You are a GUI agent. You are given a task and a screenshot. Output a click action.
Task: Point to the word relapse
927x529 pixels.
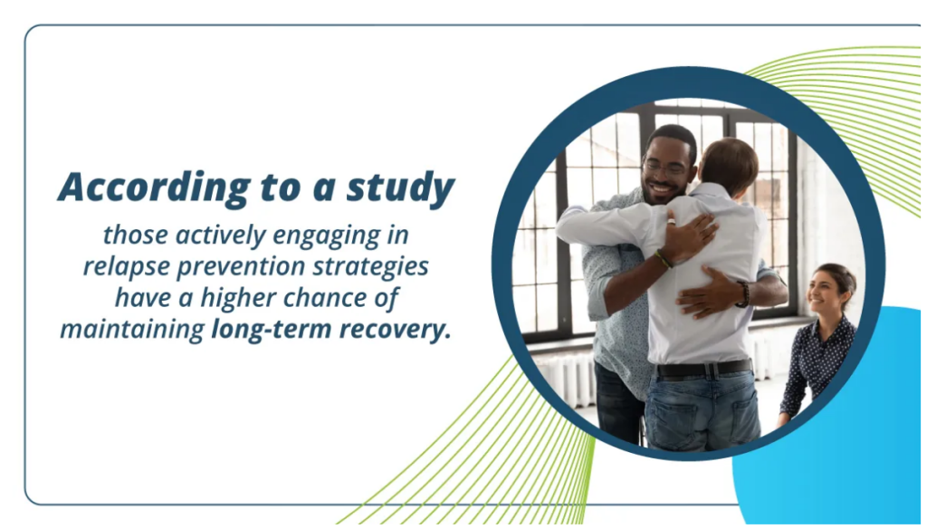coord(120,267)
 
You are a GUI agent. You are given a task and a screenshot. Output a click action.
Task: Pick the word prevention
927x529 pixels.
coord(236,267)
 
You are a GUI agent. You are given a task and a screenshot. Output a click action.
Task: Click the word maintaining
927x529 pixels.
coord(132,329)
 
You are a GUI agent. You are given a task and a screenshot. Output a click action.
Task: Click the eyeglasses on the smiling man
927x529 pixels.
coord(665,168)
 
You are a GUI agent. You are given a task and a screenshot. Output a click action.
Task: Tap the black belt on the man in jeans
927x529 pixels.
coord(702,369)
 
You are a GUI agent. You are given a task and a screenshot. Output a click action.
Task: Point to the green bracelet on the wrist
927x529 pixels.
coord(664,259)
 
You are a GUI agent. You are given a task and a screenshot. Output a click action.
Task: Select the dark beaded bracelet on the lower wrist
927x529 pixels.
coord(742,293)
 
